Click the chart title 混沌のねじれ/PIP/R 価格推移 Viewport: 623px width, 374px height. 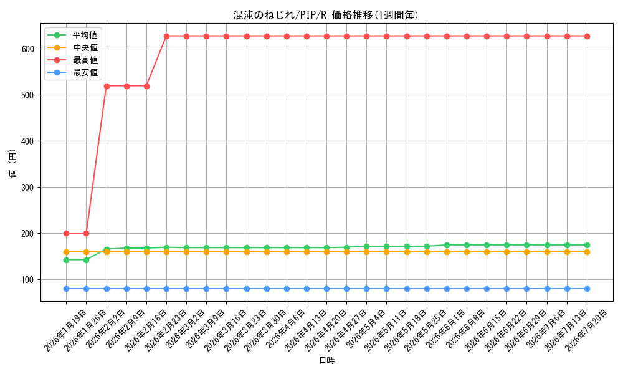coord(326,15)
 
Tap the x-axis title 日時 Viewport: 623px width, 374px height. coord(326,360)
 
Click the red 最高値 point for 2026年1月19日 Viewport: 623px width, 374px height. coord(67,233)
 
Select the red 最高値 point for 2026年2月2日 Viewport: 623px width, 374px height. coord(107,86)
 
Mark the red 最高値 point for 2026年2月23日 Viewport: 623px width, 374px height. coord(166,36)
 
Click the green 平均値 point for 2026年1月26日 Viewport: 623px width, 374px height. coord(86,260)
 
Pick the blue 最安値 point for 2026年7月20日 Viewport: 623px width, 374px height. coord(587,289)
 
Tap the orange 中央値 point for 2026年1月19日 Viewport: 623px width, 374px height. coord(67,252)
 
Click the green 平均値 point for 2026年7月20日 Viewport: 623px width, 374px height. coord(587,245)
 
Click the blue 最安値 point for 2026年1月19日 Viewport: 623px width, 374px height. coord(67,289)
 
